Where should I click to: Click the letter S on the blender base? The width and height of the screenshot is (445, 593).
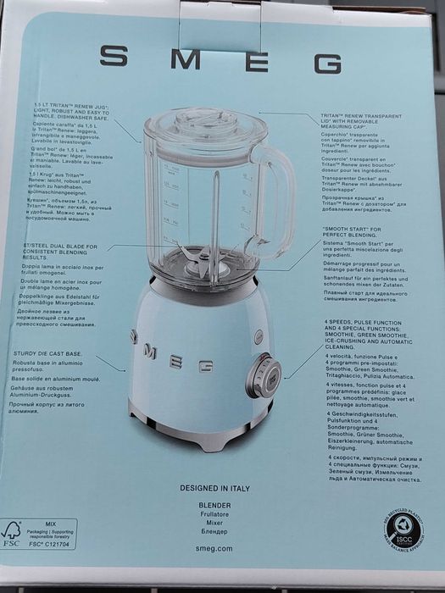(133, 335)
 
